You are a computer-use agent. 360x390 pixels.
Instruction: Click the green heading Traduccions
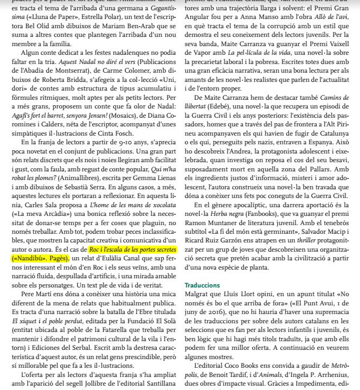[x=202, y=285]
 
